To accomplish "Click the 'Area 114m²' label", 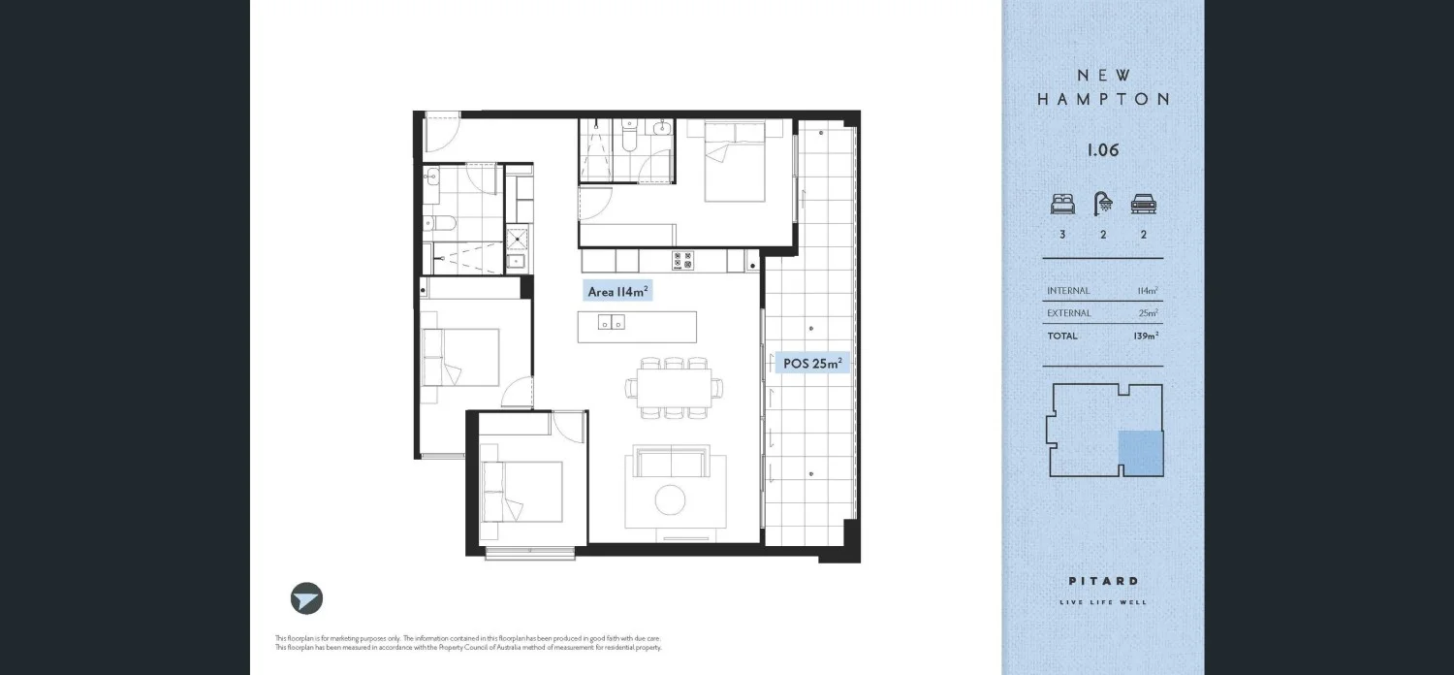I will tap(617, 291).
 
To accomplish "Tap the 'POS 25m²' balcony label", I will tap(812, 364).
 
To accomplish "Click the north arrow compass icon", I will tap(306, 598).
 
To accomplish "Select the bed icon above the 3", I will tap(1062, 205).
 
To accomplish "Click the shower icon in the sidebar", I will tap(1103, 204).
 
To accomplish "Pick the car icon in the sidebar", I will tap(1144, 205).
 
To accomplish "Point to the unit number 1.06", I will tap(1103, 150).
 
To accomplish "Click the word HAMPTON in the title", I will tap(1103, 99).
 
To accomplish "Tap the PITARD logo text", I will tap(1103, 581).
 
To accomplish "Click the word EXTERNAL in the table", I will tap(1068, 313).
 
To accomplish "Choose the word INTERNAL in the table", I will tap(1068, 291).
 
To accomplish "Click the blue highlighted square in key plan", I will tap(1141, 453).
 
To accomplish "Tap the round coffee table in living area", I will tap(670, 499).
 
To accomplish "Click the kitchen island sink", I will tap(612, 323).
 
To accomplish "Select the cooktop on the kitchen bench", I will tap(682, 260).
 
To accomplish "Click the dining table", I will tap(675, 387).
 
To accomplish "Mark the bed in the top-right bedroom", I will tap(734, 162).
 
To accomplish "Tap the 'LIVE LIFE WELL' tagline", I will tap(1103, 602).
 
